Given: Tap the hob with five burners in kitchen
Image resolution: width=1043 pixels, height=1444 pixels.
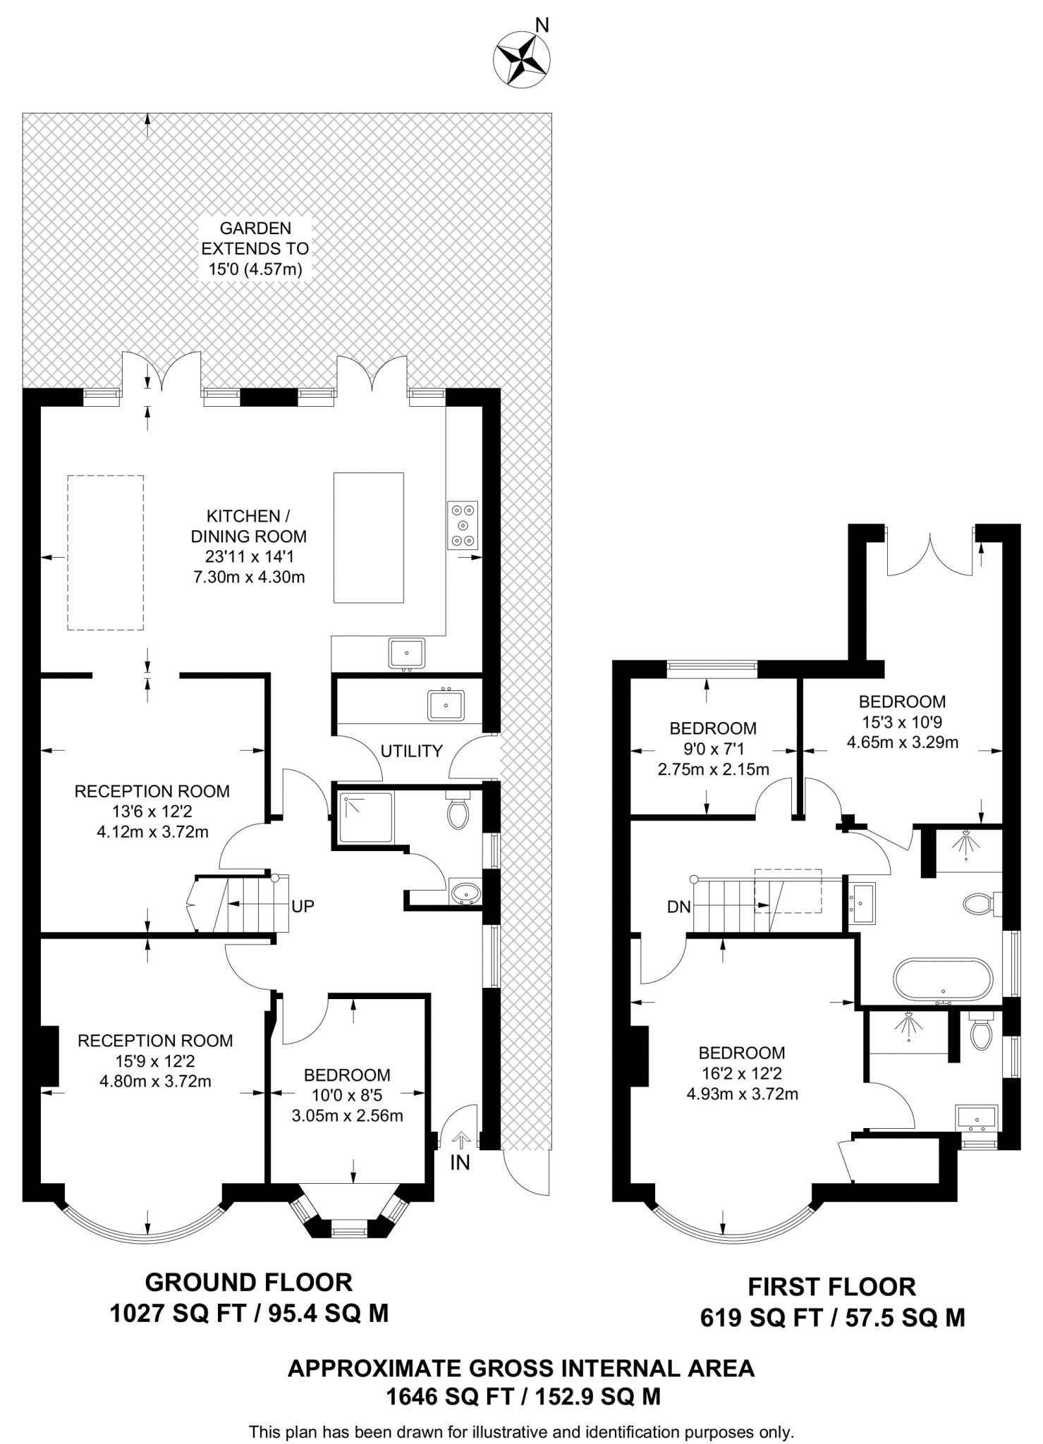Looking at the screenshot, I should (x=463, y=525).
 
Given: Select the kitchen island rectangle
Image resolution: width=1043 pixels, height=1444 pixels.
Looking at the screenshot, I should (x=369, y=537).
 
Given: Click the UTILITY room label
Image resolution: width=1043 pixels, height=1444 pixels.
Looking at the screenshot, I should (x=411, y=751).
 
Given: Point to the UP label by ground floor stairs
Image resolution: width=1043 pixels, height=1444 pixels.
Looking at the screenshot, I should (x=303, y=906).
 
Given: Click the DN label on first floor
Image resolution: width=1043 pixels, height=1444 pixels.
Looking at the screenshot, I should (x=678, y=907).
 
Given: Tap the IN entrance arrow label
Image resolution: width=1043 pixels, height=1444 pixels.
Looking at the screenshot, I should (x=460, y=1162).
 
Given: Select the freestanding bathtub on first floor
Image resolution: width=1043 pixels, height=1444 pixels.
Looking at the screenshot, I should (x=943, y=979).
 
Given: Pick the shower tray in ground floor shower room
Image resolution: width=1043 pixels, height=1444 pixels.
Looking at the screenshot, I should (x=366, y=817).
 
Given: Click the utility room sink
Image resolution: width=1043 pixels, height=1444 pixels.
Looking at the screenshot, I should (x=446, y=704).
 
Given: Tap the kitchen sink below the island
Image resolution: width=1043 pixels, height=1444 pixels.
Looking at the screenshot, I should (x=407, y=653).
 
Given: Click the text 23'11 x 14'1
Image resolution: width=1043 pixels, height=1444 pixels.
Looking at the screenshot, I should (x=249, y=556).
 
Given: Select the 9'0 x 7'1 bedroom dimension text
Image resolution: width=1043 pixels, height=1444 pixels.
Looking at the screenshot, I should (x=713, y=749).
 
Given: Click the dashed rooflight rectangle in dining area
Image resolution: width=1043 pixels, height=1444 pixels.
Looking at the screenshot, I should (x=106, y=552).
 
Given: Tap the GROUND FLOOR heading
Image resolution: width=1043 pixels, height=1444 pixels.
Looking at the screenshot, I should (x=249, y=1282).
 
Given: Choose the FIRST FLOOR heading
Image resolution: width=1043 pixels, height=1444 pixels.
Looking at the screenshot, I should (x=831, y=1287).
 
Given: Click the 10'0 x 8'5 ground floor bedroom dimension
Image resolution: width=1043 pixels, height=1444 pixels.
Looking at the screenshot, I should (x=347, y=1096).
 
